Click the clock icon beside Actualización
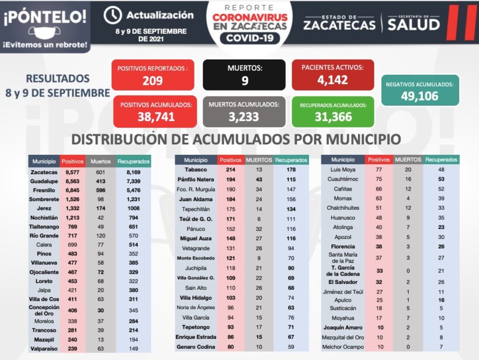[112, 15]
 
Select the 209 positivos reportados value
[152, 81]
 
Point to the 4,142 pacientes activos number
[332, 80]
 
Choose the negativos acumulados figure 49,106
[419, 96]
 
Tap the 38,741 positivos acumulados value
[156, 117]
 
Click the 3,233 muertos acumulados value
[244, 117]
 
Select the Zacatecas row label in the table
[44, 172]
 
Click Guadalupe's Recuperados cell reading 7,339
[134, 181]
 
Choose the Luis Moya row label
[342, 169]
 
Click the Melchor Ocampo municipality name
[342, 347]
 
